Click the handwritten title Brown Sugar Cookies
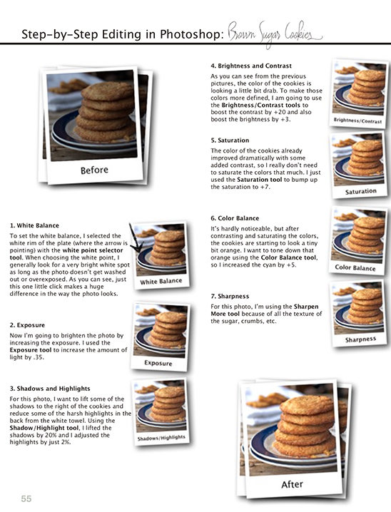(274, 33)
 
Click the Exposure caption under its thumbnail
(158, 362)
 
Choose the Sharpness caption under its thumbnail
(361, 339)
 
